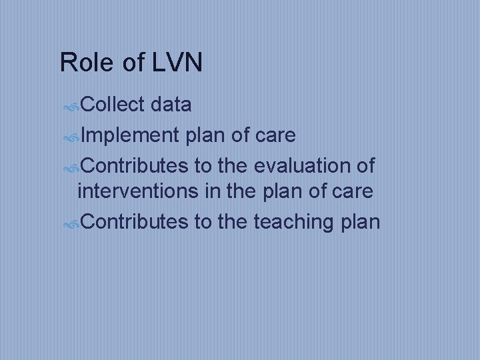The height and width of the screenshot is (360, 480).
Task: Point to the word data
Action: click(172, 105)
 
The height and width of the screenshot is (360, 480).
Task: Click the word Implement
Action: click(131, 135)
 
